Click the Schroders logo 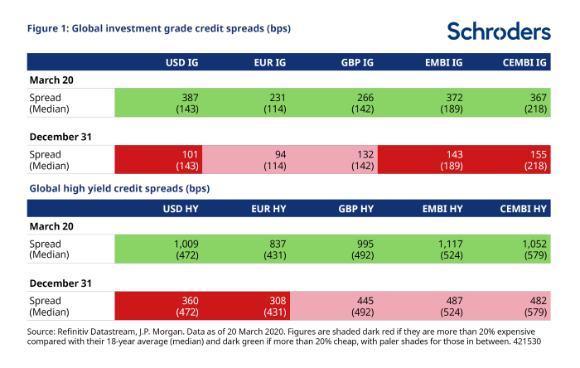pos(498,31)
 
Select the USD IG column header pos(181,62)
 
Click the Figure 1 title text pos(159,28)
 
